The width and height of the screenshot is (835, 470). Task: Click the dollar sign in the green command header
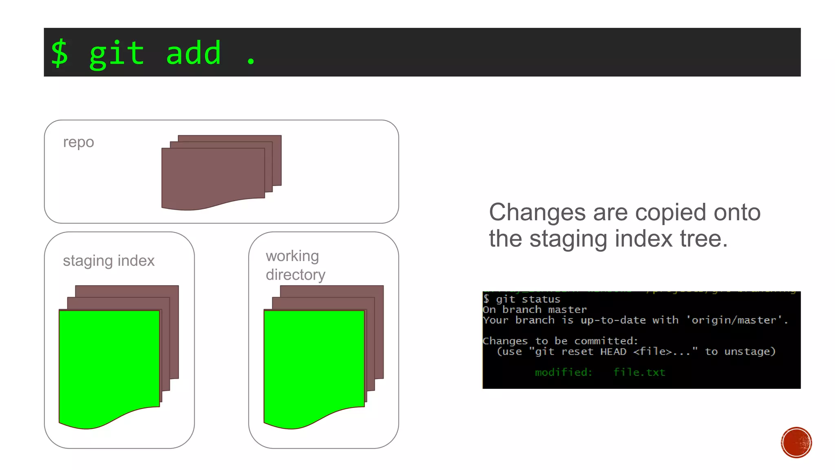60,53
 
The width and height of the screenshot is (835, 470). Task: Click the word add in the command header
193,53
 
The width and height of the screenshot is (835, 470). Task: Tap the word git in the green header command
117,54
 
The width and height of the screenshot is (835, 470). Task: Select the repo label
78,142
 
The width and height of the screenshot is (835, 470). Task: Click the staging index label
108,261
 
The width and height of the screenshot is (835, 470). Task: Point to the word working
292,256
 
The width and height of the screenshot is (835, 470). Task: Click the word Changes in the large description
537,213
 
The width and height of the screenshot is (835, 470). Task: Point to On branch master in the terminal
535,310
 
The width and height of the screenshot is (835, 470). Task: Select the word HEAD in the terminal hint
613,352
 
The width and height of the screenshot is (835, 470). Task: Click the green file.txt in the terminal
639,372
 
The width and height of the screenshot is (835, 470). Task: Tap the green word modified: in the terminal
563,372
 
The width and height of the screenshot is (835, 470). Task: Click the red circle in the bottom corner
796,443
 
